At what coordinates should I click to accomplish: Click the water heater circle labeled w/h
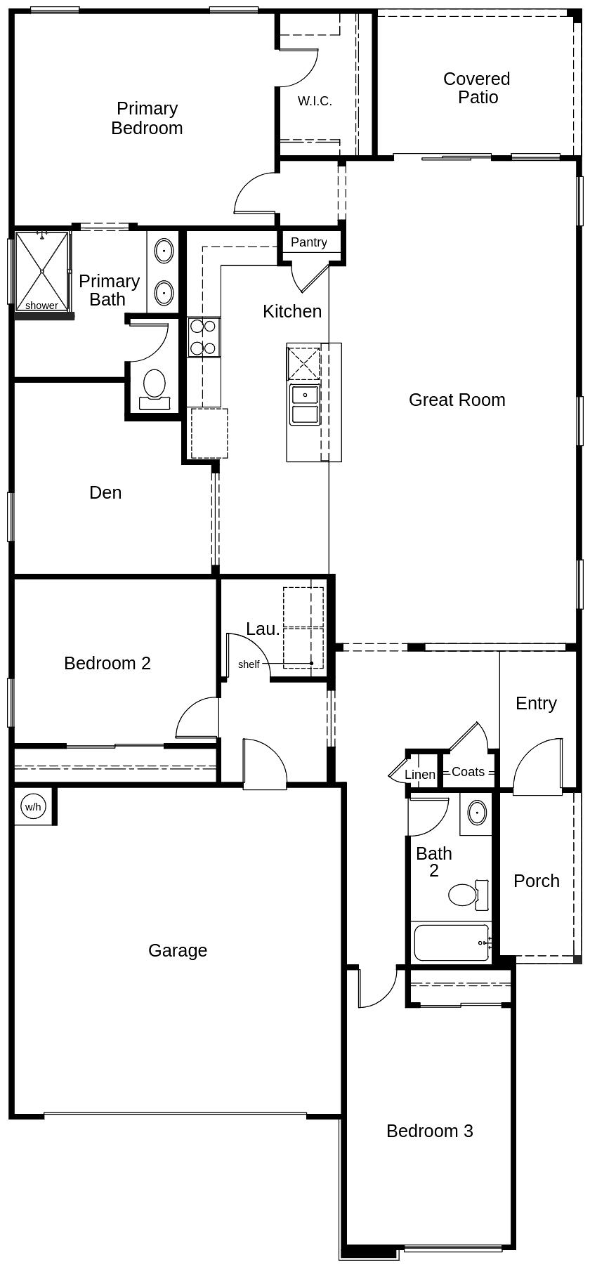pos(33,806)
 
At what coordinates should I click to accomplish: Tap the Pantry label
pos(308,242)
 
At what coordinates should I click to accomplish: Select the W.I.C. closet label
pos(315,101)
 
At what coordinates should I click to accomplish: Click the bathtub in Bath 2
pos(451,943)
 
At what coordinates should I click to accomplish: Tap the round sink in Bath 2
pos(477,813)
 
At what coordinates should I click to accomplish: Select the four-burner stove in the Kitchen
pos(204,337)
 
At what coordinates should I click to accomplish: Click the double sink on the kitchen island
pos(305,405)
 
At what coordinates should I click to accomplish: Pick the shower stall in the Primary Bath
pos(42,271)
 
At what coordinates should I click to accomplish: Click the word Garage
pos(178,950)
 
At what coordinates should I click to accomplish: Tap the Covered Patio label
pos(477,88)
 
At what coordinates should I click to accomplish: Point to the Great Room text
pos(457,400)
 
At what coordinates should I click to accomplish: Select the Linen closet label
pos(420,775)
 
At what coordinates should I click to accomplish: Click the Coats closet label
pos(468,772)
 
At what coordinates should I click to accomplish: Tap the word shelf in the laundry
pos(249,664)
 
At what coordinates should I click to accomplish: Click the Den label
pos(105,492)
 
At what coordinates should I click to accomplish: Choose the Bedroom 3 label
pos(429,1131)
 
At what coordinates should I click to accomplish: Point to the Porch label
pos(536,881)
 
